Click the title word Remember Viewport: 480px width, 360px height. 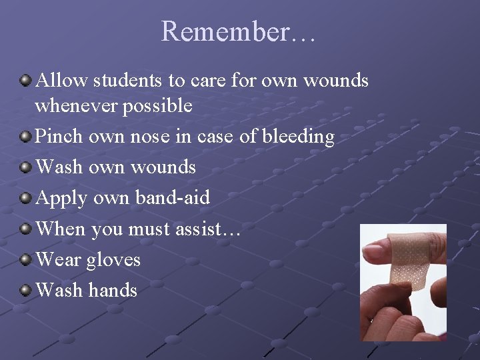(227, 31)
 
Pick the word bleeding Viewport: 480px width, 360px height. (298, 137)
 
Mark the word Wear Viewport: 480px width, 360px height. (58, 259)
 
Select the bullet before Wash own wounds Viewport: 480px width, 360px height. (25, 167)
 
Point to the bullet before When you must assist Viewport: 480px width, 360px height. (25, 229)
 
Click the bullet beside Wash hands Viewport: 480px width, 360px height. (25, 290)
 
